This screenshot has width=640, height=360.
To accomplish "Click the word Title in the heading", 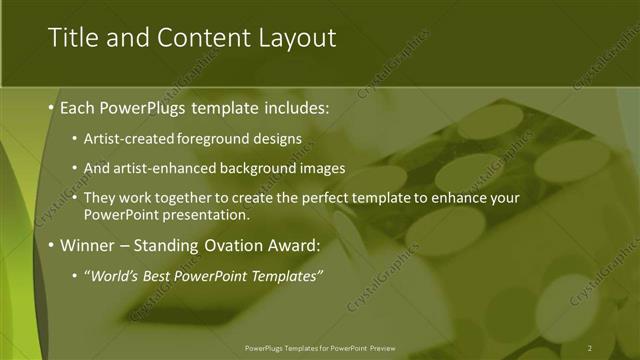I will pyautogui.click(x=73, y=38).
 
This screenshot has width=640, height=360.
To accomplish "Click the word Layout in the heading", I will pyautogui.click(x=293, y=38).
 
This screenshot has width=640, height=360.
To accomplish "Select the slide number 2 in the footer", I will pyautogui.click(x=590, y=347).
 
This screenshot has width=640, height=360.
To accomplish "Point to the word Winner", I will pyautogui.click(x=90, y=244).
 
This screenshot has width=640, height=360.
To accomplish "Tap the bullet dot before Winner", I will pyautogui.click(x=51, y=244).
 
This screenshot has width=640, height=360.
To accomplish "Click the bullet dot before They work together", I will pyautogui.click(x=76, y=199).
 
